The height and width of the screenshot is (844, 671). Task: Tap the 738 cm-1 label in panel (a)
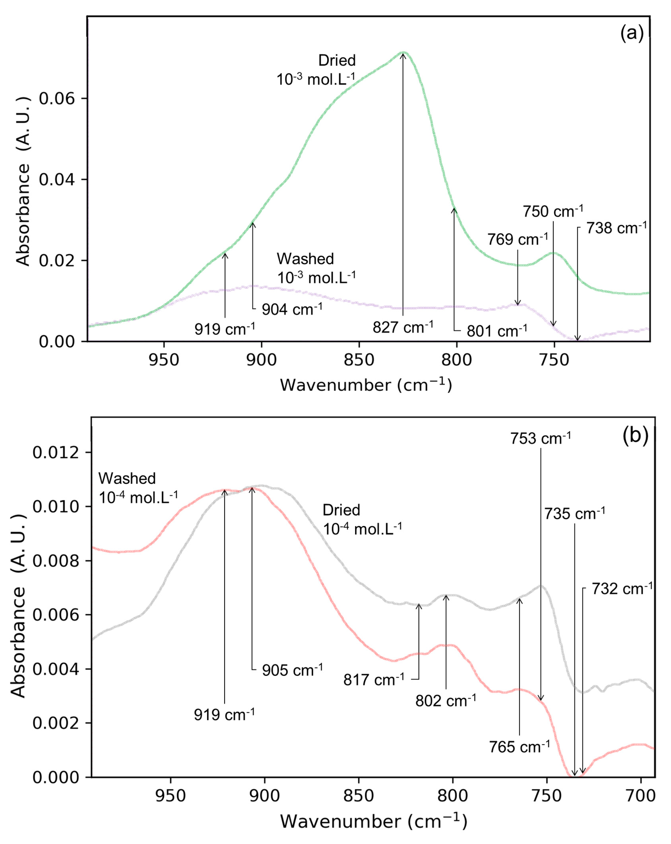616,228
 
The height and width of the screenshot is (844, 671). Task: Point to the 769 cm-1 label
518,239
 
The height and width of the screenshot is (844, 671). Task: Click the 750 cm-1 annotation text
553,211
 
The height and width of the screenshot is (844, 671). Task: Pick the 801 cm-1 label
496,331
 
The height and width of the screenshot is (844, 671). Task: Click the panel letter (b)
635,435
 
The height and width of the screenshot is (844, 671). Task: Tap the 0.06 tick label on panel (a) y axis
57,99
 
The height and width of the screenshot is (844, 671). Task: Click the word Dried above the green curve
337,61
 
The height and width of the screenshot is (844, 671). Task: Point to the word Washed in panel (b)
127,478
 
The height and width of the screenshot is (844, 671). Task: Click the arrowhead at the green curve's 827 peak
403,55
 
